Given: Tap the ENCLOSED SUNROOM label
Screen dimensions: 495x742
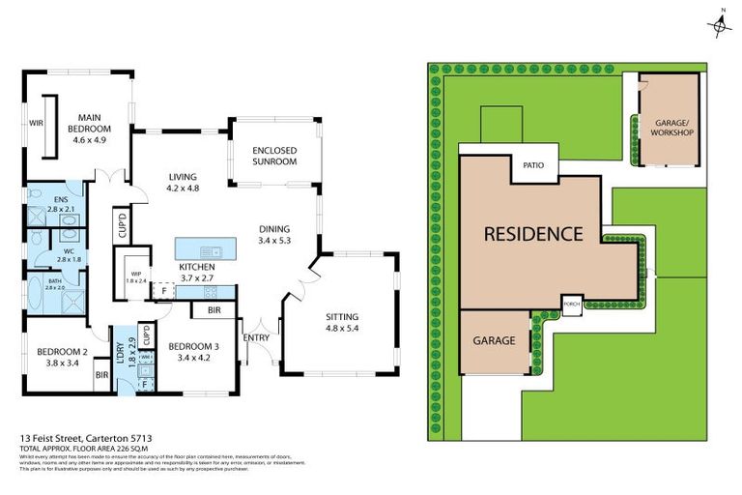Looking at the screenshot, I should click(x=273, y=156).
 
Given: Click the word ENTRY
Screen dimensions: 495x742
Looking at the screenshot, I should click(x=257, y=336).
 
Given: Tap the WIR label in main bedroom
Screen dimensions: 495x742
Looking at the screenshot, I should click(x=37, y=124).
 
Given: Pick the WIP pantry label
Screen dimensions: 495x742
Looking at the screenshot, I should click(x=134, y=277).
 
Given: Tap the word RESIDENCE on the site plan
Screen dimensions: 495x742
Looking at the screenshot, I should click(x=532, y=233).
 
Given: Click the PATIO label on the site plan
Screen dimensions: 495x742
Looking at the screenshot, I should click(x=533, y=165).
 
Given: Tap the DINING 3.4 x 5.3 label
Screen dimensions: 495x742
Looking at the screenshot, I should click(x=274, y=235).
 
